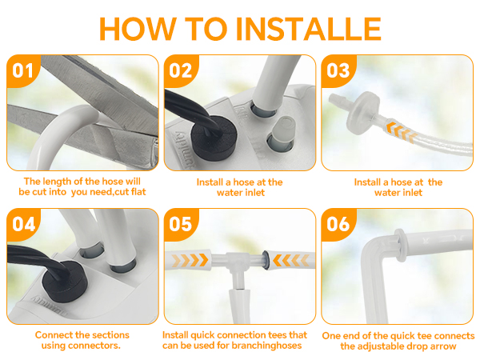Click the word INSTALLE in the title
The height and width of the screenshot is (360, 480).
pyautogui.click(x=309, y=29)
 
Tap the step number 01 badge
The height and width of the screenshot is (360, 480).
pyautogui.click(x=22, y=70)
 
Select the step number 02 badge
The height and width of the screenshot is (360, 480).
pyautogui.click(x=181, y=70)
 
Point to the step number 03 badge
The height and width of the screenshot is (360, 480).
pyautogui.click(x=338, y=70)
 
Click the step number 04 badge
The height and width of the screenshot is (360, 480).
pyautogui.click(x=22, y=224)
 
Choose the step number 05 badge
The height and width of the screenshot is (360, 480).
pyautogui.click(x=181, y=224)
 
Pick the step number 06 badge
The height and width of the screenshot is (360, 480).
pyautogui.click(x=338, y=224)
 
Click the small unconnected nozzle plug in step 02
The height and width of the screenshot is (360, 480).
pyautogui.click(x=282, y=134)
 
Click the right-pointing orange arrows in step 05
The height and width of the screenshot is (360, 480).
pyautogui.click(x=190, y=260)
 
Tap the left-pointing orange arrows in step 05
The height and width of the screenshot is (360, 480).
pyautogui.click(x=291, y=260)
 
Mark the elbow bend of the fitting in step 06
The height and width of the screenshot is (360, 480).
pyautogui.click(x=372, y=250)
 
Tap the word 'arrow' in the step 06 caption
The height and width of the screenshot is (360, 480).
pyautogui.click(x=442, y=346)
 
